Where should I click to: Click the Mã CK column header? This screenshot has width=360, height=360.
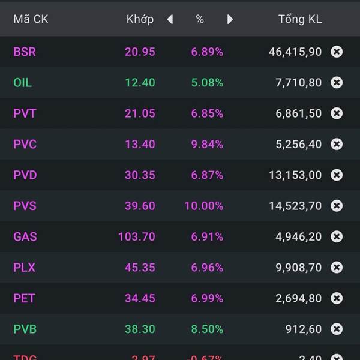(31, 19)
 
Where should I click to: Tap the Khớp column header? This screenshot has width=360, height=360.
(140, 19)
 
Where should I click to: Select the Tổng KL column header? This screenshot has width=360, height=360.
(300, 19)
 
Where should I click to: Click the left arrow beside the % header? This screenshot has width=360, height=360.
(170, 19)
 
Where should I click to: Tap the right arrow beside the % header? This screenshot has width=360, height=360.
(230, 19)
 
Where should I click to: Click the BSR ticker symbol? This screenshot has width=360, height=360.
(25, 52)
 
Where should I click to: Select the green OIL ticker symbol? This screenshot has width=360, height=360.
(23, 83)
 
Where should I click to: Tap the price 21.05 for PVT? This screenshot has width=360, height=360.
(140, 113)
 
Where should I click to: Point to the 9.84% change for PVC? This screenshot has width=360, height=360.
(207, 145)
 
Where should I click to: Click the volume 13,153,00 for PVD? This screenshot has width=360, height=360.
(295, 175)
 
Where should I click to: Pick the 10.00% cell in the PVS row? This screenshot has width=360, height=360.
(203, 206)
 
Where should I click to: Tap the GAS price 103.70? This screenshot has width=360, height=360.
(137, 237)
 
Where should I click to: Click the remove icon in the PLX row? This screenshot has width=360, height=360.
(337, 268)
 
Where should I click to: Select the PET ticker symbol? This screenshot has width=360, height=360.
(24, 298)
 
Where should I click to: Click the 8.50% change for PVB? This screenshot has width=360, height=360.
(207, 329)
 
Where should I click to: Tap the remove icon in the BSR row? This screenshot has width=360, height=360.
(337, 52)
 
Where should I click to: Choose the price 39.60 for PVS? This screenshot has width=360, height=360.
(140, 206)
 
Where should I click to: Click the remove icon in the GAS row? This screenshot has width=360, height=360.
(337, 237)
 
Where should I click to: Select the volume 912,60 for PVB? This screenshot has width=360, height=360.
(303, 329)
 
